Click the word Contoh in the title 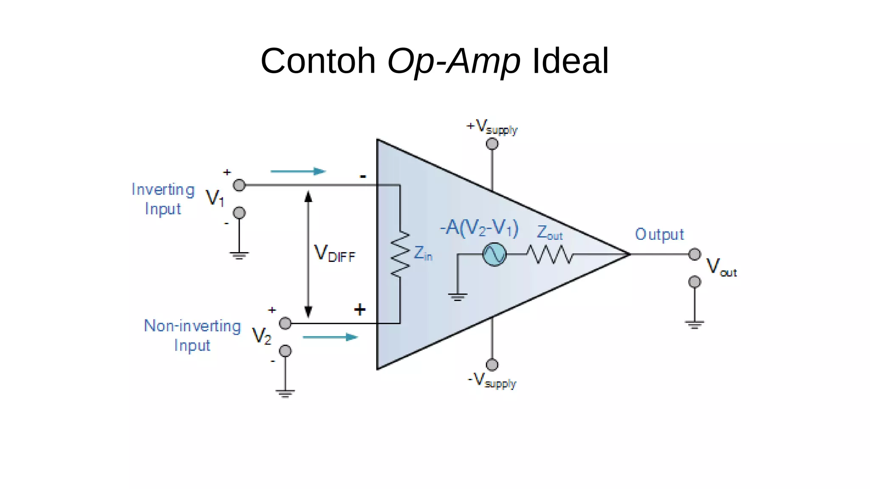point(318,61)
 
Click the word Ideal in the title point(570,61)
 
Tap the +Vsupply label point(492,127)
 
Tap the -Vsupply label point(492,381)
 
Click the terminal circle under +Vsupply point(492,144)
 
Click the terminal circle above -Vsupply point(492,364)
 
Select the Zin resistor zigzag point(400,254)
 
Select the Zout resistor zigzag point(550,255)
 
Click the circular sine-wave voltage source point(494,254)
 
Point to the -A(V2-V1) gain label point(479,228)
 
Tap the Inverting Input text point(163,199)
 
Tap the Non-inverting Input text point(192,335)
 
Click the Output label point(659,234)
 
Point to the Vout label point(721,267)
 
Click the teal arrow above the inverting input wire point(298,171)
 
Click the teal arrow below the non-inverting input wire point(330,337)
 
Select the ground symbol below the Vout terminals point(694,325)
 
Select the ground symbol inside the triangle point(457,296)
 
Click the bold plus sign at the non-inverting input point(359,310)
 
